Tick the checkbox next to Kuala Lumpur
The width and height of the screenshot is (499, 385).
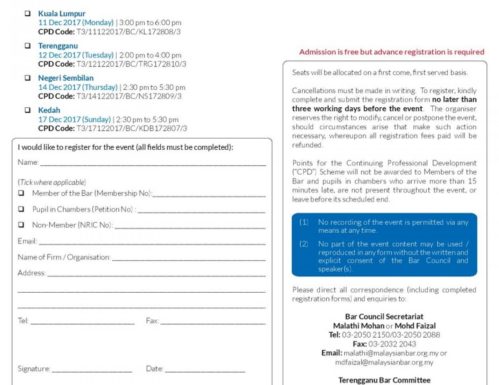pos(27,14)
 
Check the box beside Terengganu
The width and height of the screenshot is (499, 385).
pos(27,46)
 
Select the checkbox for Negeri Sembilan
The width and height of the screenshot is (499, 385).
pos(27,78)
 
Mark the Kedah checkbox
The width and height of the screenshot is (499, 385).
pos(27,110)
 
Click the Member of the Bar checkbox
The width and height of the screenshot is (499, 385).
pos(21,193)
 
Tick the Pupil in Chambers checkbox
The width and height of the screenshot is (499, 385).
pos(21,209)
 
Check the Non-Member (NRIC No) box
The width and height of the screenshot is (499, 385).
pos(21,225)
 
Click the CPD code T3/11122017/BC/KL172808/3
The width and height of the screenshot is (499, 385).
pos(128,32)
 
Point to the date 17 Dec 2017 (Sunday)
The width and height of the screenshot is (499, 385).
pos(74,119)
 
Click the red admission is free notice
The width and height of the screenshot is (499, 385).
pos(392,52)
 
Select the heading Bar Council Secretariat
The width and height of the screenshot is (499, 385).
pos(384,317)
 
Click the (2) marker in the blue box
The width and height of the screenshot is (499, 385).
pos(304,244)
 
